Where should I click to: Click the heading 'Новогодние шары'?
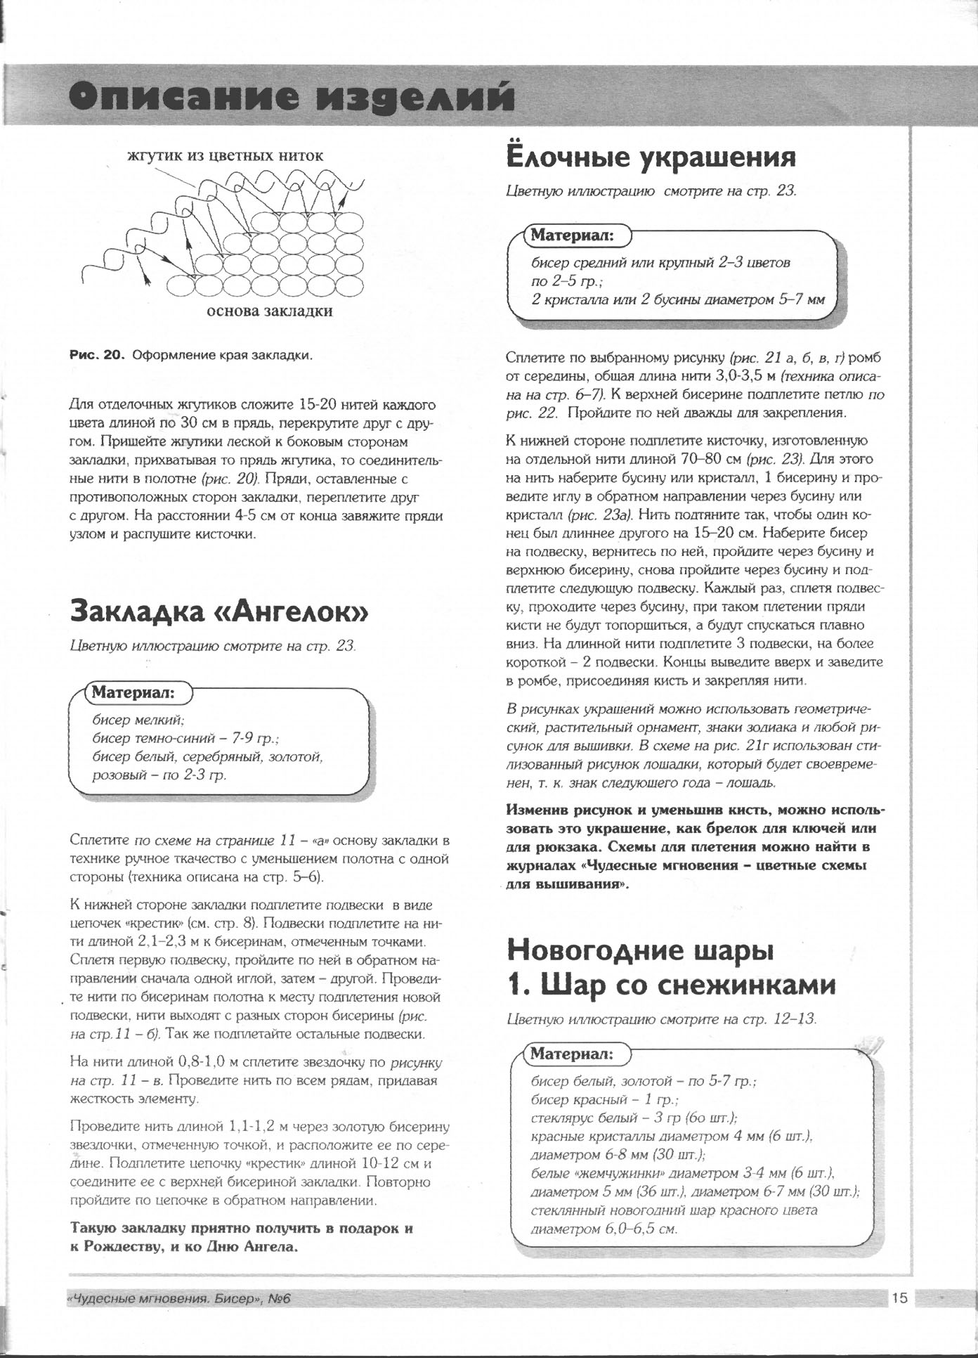click(640, 951)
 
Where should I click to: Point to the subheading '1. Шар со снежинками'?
click(671, 985)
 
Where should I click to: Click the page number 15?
click(900, 1298)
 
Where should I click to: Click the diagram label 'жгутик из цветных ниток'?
click(225, 155)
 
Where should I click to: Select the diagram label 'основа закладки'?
click(268, 311)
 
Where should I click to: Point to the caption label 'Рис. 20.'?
click(96, 355)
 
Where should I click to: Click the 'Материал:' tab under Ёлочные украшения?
click(573, 236)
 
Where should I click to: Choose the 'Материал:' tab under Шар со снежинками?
click(573, 1054)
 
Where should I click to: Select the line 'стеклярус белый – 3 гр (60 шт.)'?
click(634, 1118)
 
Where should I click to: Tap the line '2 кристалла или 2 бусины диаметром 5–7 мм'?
click(678, 299)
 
